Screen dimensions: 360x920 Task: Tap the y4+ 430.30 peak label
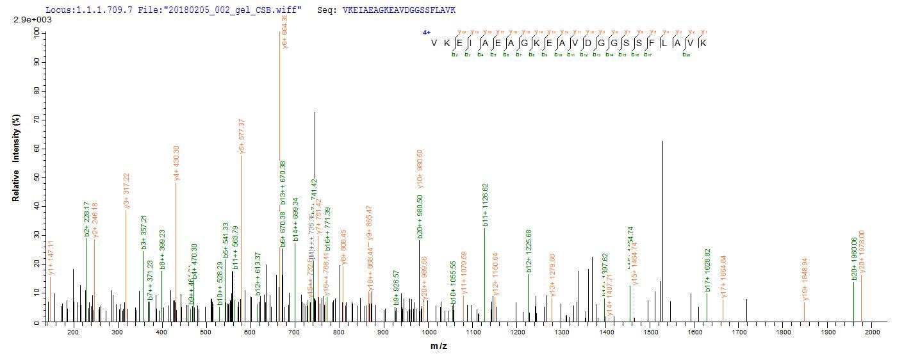pyautogui.click(x=176, y=163)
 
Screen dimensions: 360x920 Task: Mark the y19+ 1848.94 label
pyautogui.click(x=805, y=280)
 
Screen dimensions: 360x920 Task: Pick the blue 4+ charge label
pyautogui.click(x=426, y=32)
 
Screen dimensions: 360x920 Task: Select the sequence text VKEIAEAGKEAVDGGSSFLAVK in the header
pyautogui.click(x=399, y=10)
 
